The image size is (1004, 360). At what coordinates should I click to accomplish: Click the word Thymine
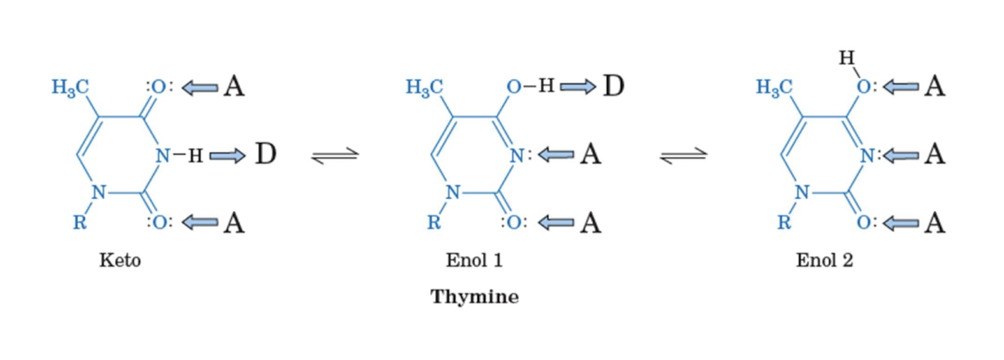pos(475,297)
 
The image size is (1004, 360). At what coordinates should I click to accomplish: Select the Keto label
pos(120,261)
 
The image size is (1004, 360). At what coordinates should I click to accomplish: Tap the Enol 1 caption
pos(474,261)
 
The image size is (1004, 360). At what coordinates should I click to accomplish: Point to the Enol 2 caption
pos(824,261)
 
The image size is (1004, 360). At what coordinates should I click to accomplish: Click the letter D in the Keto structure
pos(264,154)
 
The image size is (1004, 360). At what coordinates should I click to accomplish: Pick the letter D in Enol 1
pos(613,85)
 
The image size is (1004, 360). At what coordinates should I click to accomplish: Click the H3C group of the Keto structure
pos(71,87)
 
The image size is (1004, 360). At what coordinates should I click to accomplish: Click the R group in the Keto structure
pos(81,223)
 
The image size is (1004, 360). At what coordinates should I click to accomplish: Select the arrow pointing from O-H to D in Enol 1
pos(578,86)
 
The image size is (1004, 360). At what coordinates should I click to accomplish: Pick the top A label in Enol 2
pos(934,86)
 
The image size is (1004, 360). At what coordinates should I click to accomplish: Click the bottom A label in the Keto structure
pos(235,223)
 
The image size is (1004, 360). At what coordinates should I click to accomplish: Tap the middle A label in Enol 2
pos(934,155)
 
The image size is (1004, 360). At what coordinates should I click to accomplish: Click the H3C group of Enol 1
pos(425,87)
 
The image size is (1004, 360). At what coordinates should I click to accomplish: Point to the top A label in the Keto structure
pos(235,86)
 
